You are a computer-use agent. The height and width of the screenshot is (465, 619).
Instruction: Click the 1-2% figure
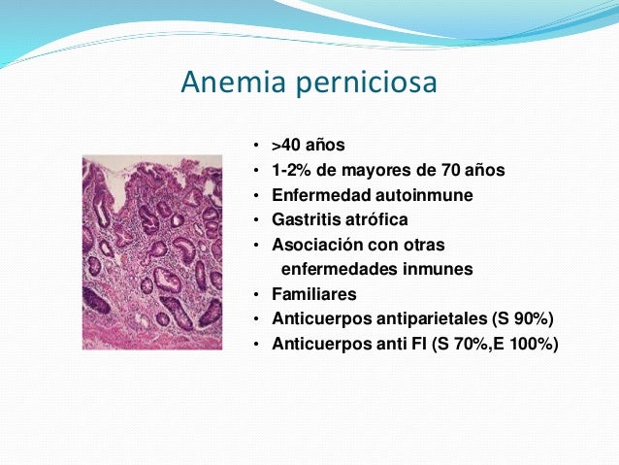click(290, 171)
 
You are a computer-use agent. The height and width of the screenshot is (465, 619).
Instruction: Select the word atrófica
click(375, 220)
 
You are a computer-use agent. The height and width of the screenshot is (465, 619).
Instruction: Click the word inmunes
click(439, 269)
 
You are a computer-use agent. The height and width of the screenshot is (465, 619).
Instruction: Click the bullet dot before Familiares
click(256, 294)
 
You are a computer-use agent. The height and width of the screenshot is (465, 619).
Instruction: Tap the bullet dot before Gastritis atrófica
click(256, 220)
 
